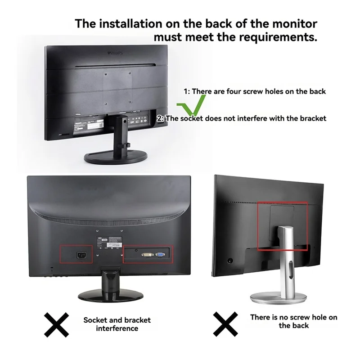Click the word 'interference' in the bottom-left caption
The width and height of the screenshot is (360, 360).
pos(117,329)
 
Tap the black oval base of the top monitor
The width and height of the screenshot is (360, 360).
pos(114,157)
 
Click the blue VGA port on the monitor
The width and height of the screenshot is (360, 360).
pos(160,255)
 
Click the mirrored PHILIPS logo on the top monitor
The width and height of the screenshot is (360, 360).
pos(115,53)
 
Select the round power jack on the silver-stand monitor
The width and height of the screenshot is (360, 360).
pos(231,260)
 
